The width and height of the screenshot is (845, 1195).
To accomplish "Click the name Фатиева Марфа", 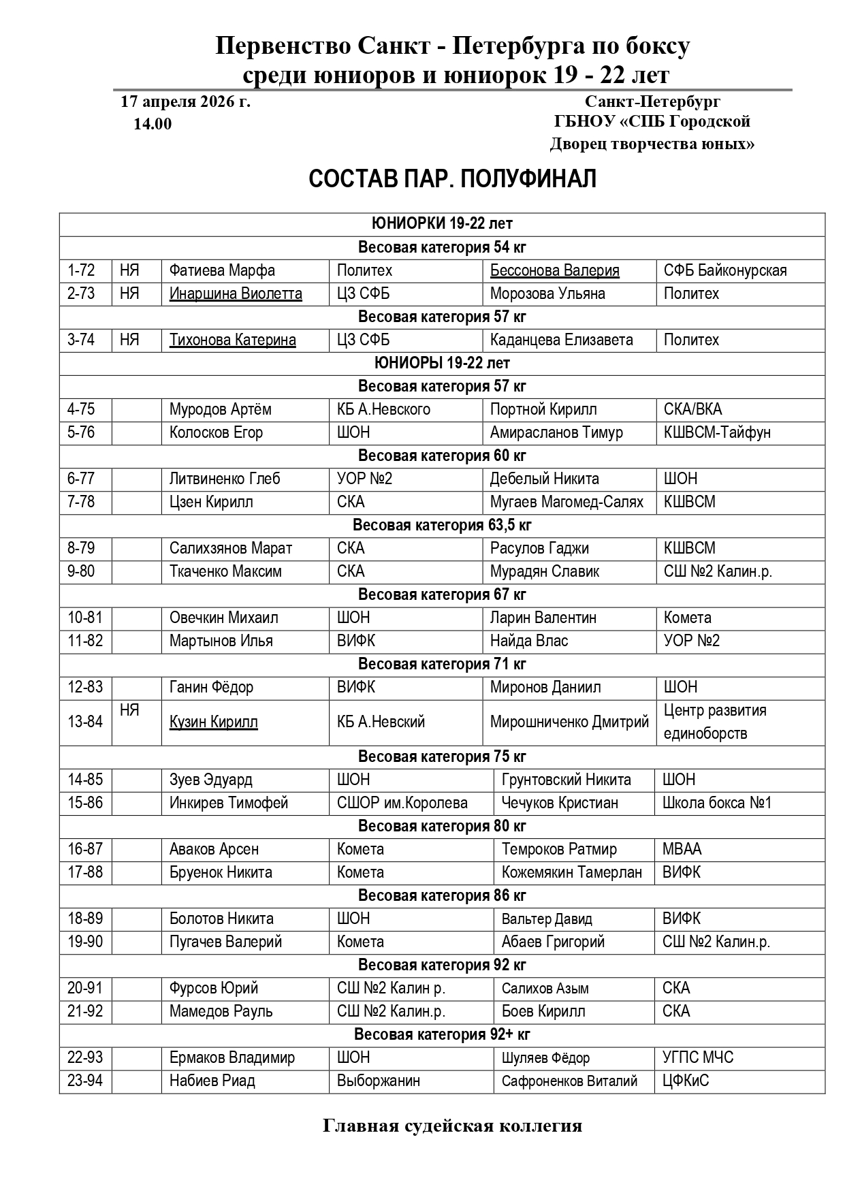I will [x=222, y=270].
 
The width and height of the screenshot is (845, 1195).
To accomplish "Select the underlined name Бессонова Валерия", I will [x=554, y=270].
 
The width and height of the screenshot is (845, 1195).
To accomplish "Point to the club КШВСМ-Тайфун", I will [x=717, y=432].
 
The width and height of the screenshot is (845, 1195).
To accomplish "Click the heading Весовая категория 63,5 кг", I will [x=442, y=525].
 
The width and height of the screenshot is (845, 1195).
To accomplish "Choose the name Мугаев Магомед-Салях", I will [x=567, y=502].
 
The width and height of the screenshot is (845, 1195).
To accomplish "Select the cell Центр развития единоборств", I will [x=715, y=722].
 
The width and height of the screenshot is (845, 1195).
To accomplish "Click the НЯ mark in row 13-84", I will [x=129, y=711].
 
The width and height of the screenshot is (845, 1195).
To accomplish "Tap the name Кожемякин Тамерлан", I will [x=571, y=872].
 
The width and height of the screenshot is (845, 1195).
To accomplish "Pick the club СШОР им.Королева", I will [x=402, y=803].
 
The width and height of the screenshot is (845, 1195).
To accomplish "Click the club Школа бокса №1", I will [x=717, y=803].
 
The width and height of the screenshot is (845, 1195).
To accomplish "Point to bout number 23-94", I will [x=85, y=1081].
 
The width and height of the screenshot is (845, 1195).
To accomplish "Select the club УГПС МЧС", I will [x=698, y=1057].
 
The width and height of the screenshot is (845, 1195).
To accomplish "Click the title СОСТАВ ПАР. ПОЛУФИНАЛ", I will [x=452, y=179].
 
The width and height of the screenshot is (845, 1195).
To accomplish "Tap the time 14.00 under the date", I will [x=153, y=124].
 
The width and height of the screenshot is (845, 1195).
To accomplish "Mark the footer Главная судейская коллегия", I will [x=452, y=1126].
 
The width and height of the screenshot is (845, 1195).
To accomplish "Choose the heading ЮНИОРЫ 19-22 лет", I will [x=442, y=363].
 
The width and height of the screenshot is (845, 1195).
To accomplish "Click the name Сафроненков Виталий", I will [x=569, y=1081].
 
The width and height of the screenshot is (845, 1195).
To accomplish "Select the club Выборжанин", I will [x=378, y=1081].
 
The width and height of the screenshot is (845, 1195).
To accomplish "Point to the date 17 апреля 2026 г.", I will [x=185, y=102].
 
